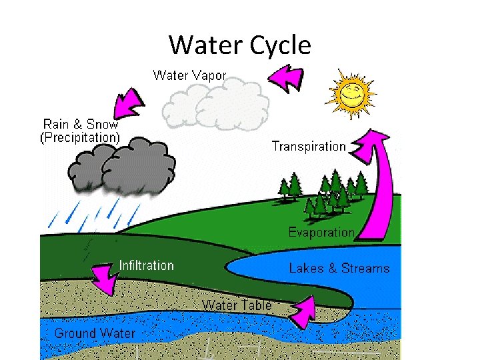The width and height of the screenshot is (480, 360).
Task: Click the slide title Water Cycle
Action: point(240,45)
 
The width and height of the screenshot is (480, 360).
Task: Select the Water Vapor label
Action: point(190,75)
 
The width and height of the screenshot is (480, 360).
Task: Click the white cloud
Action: point(217,103)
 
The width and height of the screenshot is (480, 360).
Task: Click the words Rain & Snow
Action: point(81,124)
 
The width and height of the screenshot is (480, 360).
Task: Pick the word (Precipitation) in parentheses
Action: point(80,138)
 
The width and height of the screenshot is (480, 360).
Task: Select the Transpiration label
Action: point(309,146)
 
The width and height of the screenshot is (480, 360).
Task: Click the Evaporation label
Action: point(321,233)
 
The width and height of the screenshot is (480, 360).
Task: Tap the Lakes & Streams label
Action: point(339,269)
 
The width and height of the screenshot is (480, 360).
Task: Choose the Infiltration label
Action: point(146,265)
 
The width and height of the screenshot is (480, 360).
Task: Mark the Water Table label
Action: point(237,305)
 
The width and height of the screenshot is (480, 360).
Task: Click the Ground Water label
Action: point(95,333)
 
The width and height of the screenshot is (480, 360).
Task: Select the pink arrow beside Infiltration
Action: point(103,277)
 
